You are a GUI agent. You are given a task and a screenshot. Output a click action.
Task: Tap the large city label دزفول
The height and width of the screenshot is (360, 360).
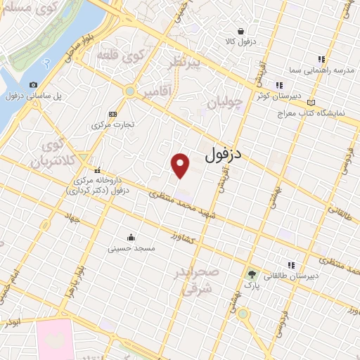232,155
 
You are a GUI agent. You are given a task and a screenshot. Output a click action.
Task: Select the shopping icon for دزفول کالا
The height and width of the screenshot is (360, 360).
241,32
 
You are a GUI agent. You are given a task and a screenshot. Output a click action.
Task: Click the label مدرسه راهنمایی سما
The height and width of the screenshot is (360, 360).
321,72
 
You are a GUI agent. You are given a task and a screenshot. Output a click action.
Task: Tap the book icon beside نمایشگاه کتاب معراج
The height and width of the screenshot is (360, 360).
311,102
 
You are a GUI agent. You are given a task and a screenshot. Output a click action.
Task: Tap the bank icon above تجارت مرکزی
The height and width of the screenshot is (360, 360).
112,114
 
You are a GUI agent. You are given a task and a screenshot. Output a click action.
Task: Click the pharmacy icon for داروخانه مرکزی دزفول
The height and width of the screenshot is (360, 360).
97,169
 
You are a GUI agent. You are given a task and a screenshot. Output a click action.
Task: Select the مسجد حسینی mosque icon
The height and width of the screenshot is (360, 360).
131,237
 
